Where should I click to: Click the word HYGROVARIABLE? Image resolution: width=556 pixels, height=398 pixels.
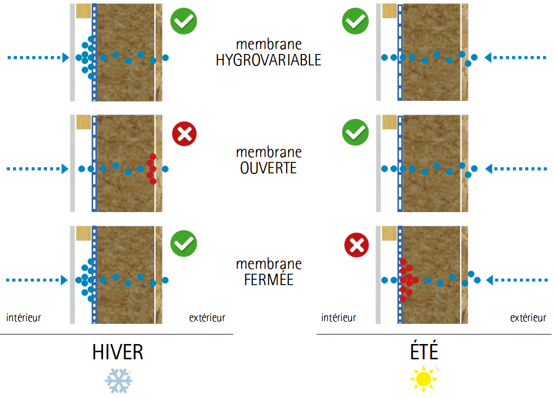click(x=268, y=60)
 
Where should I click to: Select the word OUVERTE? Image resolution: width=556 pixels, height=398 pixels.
click(x=268, y=168)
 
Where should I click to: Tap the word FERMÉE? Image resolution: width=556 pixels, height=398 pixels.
click(x=268, y=280)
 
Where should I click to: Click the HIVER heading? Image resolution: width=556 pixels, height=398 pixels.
click(x=118, y=352)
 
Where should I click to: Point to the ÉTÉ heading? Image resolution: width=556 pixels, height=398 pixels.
click(x=424, y=352)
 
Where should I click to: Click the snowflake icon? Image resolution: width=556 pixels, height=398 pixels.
click(x=119, y=379)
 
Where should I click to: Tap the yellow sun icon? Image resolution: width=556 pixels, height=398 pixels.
click(x=424, y=378)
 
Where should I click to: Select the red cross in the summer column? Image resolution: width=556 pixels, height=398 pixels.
click(x=357, y=245)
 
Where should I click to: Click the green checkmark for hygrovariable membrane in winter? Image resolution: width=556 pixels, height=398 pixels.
click(x=184, y=21)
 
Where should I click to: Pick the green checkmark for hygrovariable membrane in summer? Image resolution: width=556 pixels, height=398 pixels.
click(x=355, y=21)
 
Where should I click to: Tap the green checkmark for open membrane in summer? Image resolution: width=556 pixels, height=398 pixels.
click(x=355, y=132)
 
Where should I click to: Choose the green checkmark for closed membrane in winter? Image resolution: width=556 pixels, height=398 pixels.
click(x=184, y=243)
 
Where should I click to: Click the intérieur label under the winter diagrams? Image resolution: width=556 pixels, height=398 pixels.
click(x=23, y=317)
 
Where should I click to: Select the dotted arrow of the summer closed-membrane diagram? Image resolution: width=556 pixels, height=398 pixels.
click(x=516, y=280)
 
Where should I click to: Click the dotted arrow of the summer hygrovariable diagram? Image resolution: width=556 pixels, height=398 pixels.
click(x=516, y=57)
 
